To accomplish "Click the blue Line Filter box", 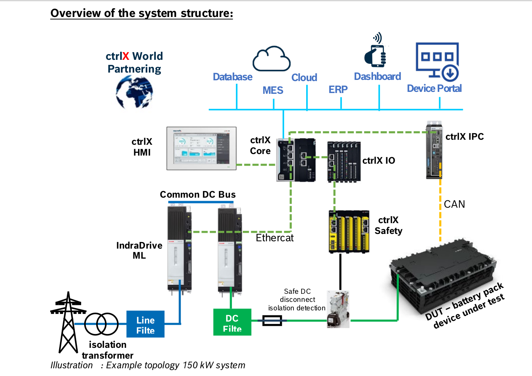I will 145,324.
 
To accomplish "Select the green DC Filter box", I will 232,322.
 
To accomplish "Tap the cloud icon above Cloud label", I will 271,59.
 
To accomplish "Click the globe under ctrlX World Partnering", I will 134,92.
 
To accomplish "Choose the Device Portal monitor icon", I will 437,62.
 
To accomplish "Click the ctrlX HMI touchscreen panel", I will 201,149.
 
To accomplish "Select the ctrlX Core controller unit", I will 296,160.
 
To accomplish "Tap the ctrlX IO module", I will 344,161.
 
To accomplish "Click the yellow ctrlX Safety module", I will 349,232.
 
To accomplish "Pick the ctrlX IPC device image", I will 434,150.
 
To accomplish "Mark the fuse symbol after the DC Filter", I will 272,320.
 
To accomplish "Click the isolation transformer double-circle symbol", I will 101,324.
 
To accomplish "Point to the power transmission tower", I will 68,322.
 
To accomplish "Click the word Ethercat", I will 275,238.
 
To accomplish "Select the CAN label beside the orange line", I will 454,204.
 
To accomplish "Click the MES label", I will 273,90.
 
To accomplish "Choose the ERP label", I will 338,90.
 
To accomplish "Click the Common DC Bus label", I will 198,195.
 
